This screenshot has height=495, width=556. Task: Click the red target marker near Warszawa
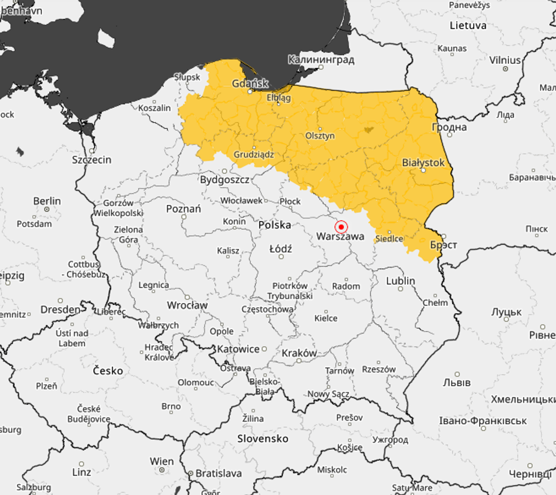341,227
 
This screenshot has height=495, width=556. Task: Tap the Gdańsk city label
250,83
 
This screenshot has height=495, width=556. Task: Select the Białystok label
423,162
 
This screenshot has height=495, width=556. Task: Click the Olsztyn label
319,136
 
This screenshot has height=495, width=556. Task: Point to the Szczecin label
92,159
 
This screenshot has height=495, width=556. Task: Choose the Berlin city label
47,201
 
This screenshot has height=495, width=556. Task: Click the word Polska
274,225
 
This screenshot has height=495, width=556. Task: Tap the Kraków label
299,353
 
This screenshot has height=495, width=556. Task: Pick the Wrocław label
187,305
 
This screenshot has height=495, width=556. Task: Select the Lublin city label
400,281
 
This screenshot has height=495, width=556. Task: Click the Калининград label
320,60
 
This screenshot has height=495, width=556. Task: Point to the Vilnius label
505,60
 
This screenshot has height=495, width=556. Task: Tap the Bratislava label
218,473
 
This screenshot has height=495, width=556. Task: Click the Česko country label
108,371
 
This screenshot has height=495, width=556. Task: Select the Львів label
456,382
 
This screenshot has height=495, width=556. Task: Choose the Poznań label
183,209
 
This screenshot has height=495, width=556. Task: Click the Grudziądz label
254,155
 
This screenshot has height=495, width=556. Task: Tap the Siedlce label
389,238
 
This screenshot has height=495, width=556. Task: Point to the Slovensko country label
262,438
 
